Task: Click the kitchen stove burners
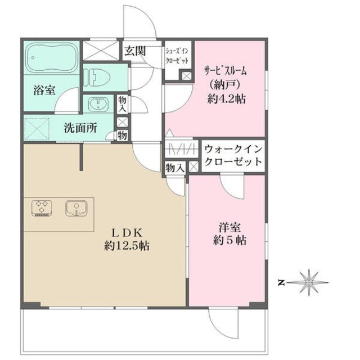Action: point(40,208)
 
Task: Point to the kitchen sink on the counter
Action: point(74,208)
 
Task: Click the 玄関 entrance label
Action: point(135,51)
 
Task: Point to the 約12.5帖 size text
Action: point(126,246)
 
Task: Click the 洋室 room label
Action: point(230,228)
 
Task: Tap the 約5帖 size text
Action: point(230,241)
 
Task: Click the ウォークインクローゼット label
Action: point(232,156)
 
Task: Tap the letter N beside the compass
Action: point(282,282)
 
